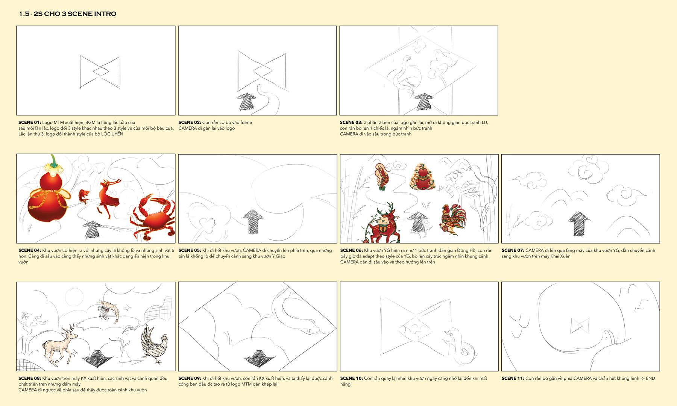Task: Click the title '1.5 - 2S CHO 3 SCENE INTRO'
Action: pos(68,14)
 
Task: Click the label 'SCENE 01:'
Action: pos(30,123)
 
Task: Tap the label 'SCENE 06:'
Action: pos(352,250)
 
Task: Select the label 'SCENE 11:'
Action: pos(513,379)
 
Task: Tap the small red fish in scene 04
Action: pos(84,197)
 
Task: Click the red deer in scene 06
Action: pos(382,224)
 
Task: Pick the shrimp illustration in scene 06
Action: pos(383,177)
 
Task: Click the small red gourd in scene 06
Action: pos(422,176)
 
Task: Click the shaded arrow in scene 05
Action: pos(253,222)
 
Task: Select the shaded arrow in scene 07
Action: pos(579,224)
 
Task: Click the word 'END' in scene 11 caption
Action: pos(650,379)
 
